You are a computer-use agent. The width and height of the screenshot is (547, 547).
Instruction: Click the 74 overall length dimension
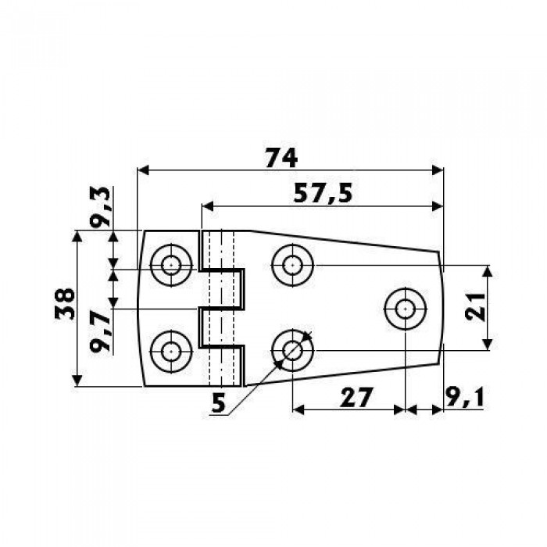pos(281,158)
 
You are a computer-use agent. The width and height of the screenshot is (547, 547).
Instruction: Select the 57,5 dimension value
pos(323,194)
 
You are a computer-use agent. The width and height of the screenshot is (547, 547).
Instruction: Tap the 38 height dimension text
pos(65,303)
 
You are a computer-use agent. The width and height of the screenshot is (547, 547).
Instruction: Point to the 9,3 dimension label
pos(100,207)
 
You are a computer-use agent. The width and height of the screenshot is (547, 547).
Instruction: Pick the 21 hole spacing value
pos(475,307)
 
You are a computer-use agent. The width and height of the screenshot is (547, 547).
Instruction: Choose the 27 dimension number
pos(356,397)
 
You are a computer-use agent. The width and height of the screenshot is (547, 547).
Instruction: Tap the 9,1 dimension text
pos(465,397)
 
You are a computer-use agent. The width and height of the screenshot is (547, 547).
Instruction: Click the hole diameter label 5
pos(219,404)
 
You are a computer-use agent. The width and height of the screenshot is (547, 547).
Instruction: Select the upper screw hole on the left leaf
pos(171,266)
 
